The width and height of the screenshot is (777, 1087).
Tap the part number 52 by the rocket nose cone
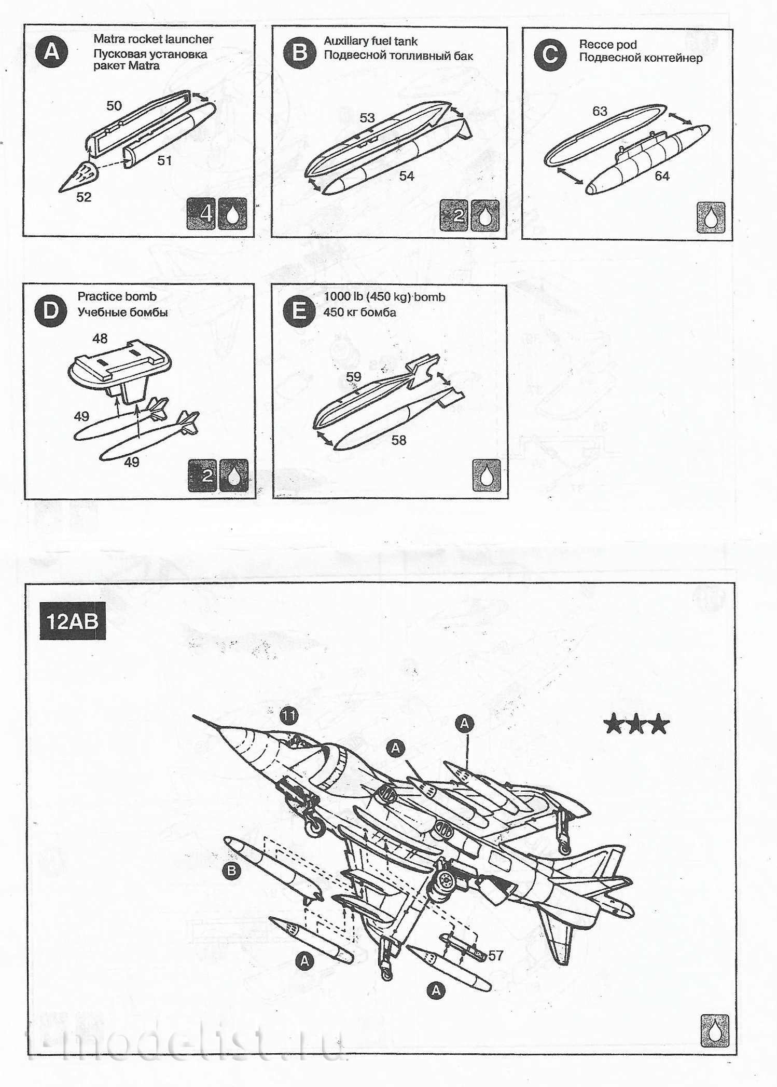click(84, 197)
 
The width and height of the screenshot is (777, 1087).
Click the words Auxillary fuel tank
click(370, 41)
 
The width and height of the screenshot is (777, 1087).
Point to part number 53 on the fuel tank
click(367, 118)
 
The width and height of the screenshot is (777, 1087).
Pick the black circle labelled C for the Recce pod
click(549, 55)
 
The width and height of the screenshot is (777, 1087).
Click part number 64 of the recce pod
click(662, 176)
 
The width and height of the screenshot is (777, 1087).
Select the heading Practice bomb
click(117, 296)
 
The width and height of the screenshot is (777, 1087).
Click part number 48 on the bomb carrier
click(100, 338)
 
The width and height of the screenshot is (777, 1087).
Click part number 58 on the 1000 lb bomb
click(399, 440)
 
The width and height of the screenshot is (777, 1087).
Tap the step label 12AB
click(72, 621)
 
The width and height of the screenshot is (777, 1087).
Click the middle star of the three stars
click(637, 725)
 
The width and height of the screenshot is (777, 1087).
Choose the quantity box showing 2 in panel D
click(203, 475)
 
